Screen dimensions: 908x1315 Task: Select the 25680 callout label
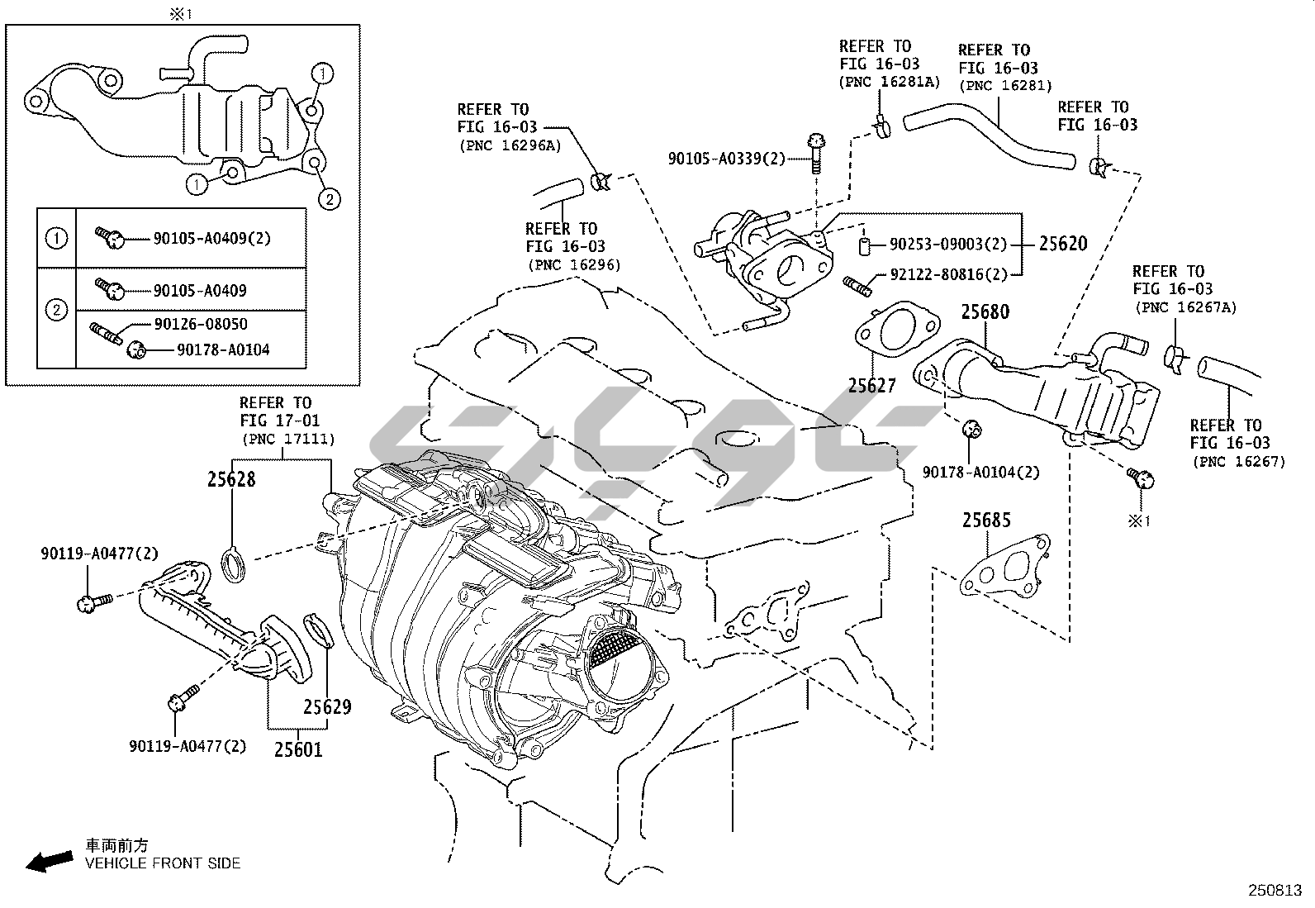[x=985, y=311]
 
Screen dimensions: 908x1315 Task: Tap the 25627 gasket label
[x=872, y=385]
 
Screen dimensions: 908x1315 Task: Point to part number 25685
[x=985, y=521]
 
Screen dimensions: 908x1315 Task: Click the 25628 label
[x=231, y=479]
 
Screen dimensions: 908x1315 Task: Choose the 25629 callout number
[x=327, y=706]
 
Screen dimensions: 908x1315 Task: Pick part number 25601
[x=298, y=749]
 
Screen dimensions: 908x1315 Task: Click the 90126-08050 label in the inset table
[x=200, y=324]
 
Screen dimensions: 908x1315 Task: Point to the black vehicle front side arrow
[x=49, y=861]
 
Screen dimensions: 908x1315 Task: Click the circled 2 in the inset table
[x=56, y=311]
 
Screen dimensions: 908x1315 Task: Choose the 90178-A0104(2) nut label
[x=980, y=472]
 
